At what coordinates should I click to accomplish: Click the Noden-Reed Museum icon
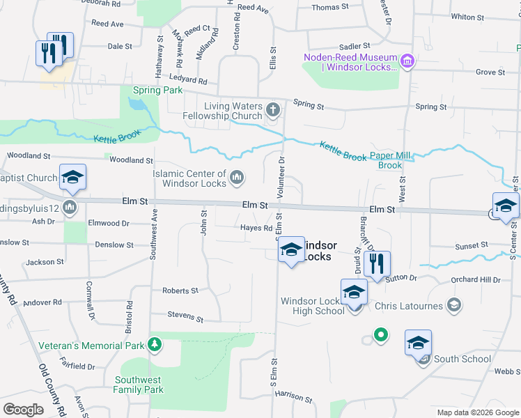(x=407, y=62)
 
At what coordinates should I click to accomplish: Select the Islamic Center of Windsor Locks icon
(x=237, y=178)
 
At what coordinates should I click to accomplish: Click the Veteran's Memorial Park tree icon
(x=155, y=345)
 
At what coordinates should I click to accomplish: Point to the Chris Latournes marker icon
(x=454, y=305)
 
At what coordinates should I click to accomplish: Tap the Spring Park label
(x=157, y=90)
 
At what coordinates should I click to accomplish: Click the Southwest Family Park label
(x=139, y=385)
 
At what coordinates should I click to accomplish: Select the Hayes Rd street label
(x=256, y=228)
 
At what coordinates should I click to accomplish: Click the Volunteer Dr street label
(x=282, y=177)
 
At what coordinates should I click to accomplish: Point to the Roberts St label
(x=180, y=291)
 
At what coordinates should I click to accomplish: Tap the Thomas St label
(x=329, y=7)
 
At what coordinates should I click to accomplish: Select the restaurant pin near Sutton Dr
(x=377, y=263)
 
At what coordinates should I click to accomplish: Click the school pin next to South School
(x=418, y=343)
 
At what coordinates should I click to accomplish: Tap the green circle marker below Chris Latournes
(x=380, y=335)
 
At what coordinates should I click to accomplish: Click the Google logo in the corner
(x=24, y=410)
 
